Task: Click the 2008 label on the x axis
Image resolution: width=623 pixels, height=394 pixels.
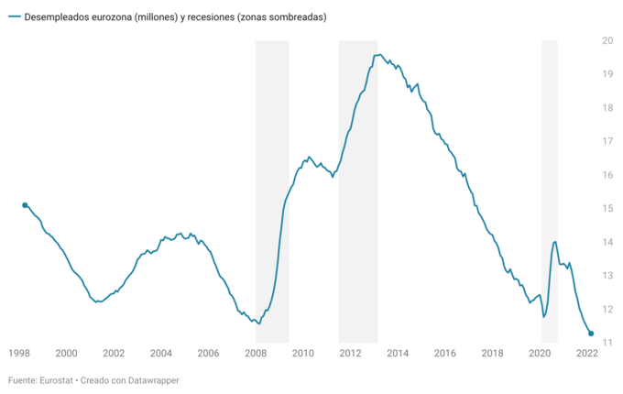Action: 256,353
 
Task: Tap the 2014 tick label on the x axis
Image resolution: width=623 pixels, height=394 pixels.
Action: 398,353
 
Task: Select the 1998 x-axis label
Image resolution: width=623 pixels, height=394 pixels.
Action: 18,353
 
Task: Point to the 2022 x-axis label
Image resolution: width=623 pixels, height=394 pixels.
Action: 587,353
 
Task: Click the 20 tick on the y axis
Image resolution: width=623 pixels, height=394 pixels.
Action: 607,40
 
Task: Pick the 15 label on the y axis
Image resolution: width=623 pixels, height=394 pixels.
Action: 607,208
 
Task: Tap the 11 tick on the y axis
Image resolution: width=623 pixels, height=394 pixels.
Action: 607,343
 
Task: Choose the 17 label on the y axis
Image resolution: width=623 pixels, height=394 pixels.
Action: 607,141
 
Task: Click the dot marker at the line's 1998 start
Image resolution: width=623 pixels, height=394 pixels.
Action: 25,205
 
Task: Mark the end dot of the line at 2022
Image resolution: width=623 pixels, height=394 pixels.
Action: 591,334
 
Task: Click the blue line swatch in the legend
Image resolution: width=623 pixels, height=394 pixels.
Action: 14,17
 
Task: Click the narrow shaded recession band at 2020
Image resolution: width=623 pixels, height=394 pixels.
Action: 550,183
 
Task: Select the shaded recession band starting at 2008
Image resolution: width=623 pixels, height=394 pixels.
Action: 272,183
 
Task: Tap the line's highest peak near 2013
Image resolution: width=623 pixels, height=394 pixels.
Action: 378,54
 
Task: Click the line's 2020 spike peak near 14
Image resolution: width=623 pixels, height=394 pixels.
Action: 554,241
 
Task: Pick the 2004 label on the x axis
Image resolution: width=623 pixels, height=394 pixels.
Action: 160,353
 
